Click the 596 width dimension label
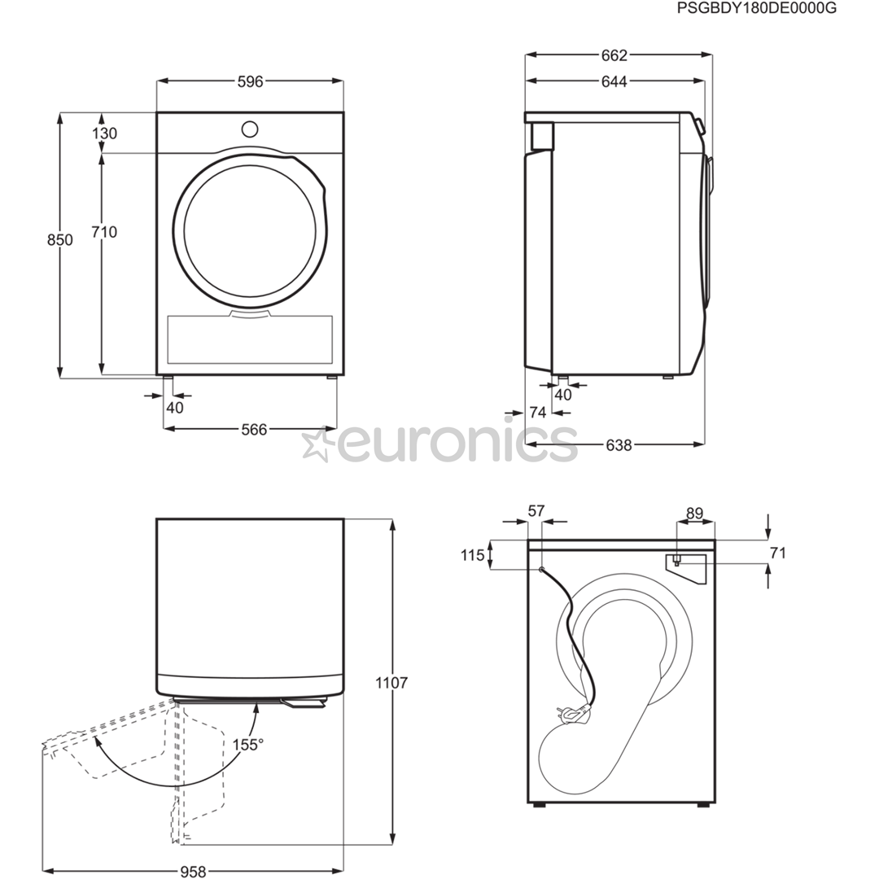(250, 82)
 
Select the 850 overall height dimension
(60, 240)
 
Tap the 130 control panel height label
(105, 133)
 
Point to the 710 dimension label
(105, 231)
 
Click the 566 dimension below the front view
(254, 430)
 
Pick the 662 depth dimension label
(614, 55)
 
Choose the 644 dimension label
(614, 82)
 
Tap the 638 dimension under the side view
(619, 445)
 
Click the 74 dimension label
(538, 413)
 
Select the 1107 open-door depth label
(391, 683)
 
